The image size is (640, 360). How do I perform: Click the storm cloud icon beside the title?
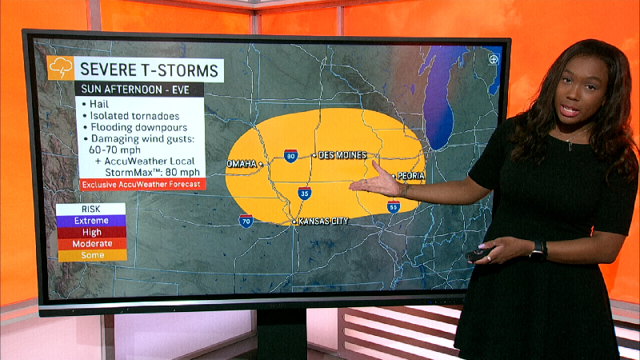(x=61, y=68)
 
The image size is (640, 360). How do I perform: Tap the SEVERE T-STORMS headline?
(x=150, y=69)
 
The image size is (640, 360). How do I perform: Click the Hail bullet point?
(x=98, y=104)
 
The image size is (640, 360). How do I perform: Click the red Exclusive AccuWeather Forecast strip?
(x=142, y=184)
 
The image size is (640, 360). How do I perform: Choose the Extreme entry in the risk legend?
(x=90, y=221)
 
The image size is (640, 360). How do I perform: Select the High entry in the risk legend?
(x=90, y=232)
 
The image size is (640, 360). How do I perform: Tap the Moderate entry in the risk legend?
(x=90, y=243)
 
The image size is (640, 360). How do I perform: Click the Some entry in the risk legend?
(x=90, y=255)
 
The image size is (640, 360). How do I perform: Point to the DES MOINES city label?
(x=342, y=155)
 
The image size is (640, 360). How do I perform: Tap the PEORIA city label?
(x=411, y=176)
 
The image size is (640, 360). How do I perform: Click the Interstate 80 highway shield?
(x=290, y=156)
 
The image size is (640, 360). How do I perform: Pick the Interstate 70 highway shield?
(x=246, y=221)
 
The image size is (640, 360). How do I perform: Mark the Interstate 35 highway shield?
(x=304, y=194)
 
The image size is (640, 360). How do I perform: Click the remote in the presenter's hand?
(x=478, y=254)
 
